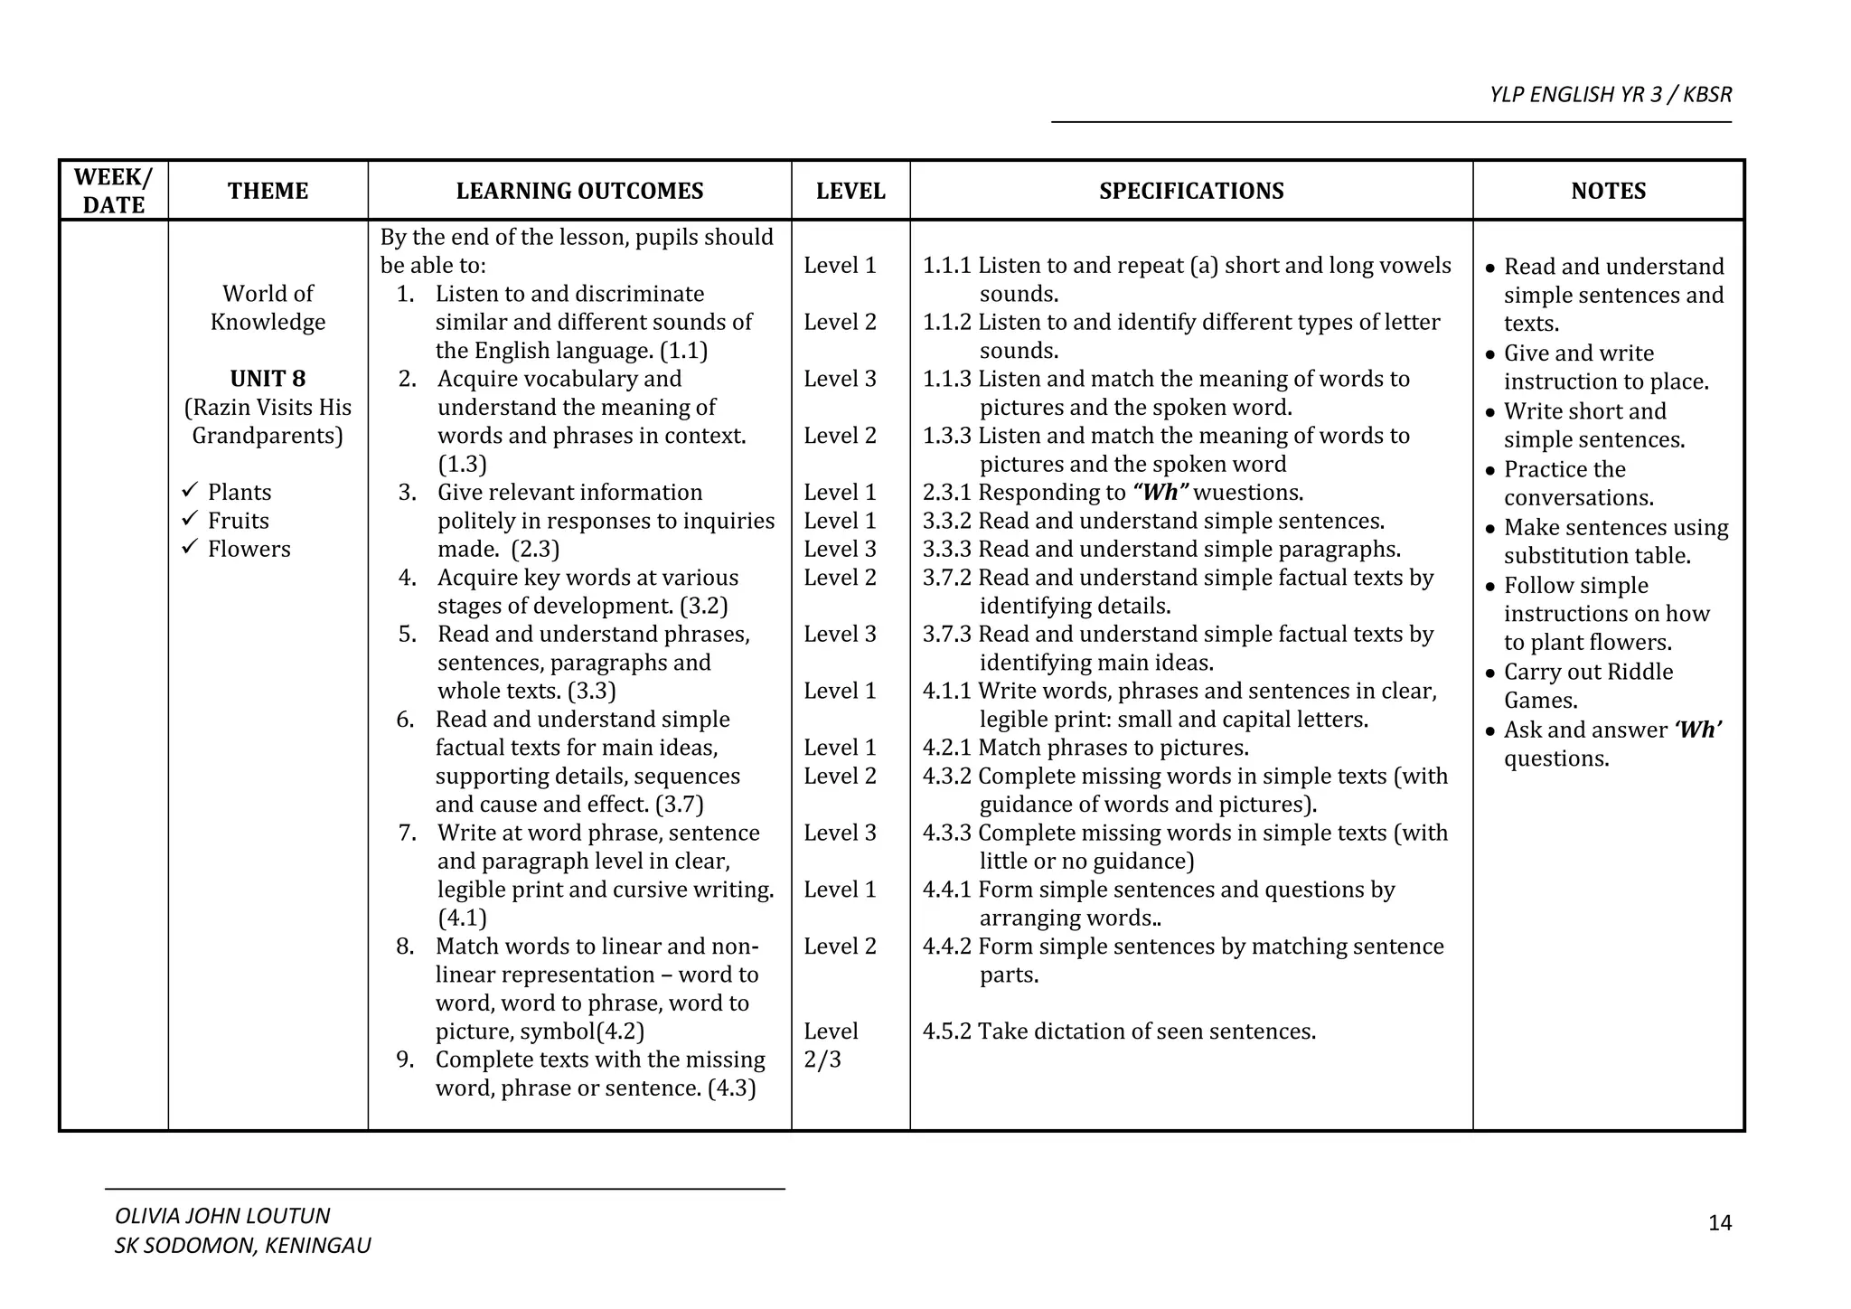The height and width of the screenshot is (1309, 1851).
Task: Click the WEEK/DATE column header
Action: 113,191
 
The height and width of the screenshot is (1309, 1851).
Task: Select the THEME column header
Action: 268,191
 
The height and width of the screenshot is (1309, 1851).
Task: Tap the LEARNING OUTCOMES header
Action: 579,191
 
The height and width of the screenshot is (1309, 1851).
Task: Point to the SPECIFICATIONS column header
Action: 1191,191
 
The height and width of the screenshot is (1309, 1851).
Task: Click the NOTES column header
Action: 1608,191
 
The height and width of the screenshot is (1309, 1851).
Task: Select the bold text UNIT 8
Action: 268,379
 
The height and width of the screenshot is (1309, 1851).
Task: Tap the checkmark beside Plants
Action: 189,491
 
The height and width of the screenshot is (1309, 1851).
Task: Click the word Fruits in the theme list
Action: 239,521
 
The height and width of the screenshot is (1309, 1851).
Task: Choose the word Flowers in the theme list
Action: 249,549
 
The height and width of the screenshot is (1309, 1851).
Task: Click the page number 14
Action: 1720,1223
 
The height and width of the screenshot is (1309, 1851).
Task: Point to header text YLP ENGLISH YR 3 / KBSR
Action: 1611,95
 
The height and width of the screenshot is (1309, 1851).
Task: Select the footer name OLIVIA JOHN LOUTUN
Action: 222,1216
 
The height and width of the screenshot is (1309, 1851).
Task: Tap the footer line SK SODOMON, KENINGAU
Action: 242,1246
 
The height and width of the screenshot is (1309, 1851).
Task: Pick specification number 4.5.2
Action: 946,1031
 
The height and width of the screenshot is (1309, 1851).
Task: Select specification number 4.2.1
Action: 946,748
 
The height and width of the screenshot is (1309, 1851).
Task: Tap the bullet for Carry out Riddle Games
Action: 1491,673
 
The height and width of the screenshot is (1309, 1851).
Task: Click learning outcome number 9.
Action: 405,1059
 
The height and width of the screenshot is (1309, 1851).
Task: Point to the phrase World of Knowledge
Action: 268,307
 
